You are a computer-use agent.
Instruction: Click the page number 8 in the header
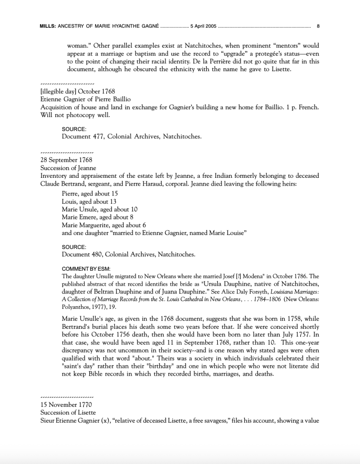318,26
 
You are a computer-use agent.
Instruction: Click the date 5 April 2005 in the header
204,26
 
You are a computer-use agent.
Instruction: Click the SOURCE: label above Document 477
74,129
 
